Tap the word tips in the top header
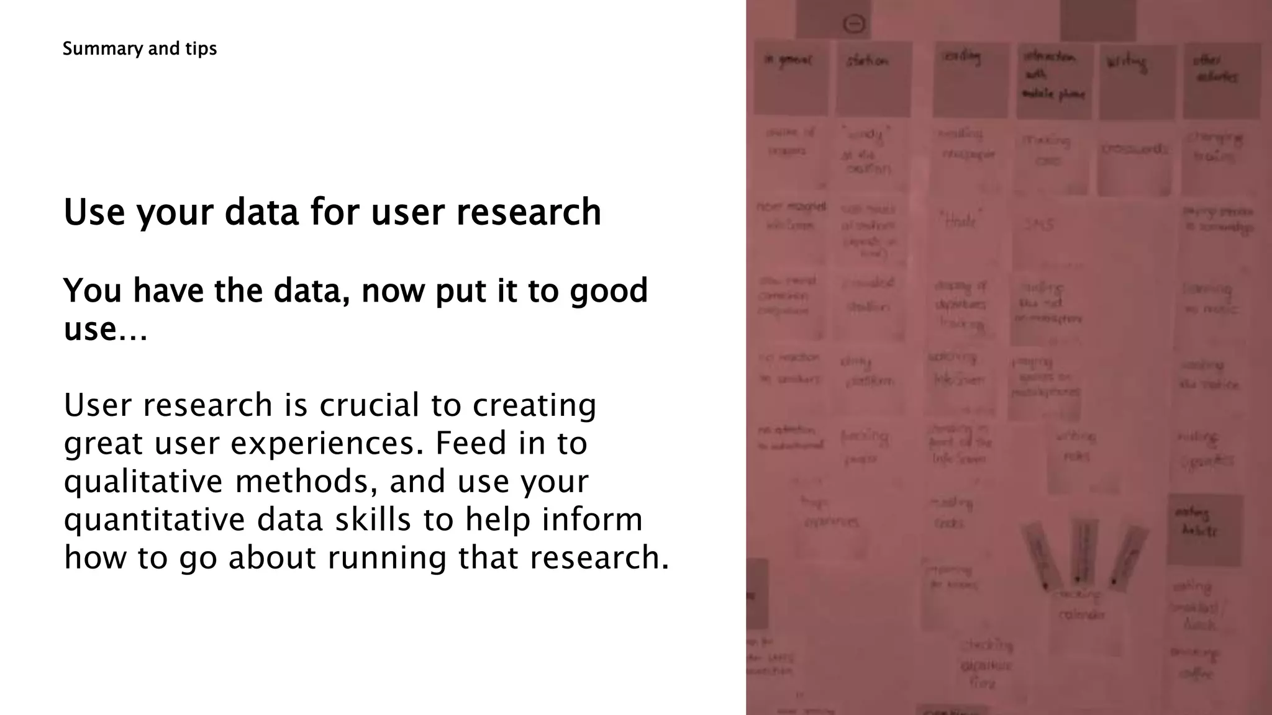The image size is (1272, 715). [201, 49]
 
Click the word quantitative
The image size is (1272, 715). [155, 520]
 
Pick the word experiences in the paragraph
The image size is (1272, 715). [327, 444]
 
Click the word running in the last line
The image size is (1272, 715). [387, 557]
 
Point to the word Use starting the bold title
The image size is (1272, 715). [94, 212]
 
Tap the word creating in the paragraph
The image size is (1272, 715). [534, 405]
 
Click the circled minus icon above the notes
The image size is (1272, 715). [855, 24]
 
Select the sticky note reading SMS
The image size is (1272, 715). [1038, 225]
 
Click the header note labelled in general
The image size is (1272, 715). [791, 78]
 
